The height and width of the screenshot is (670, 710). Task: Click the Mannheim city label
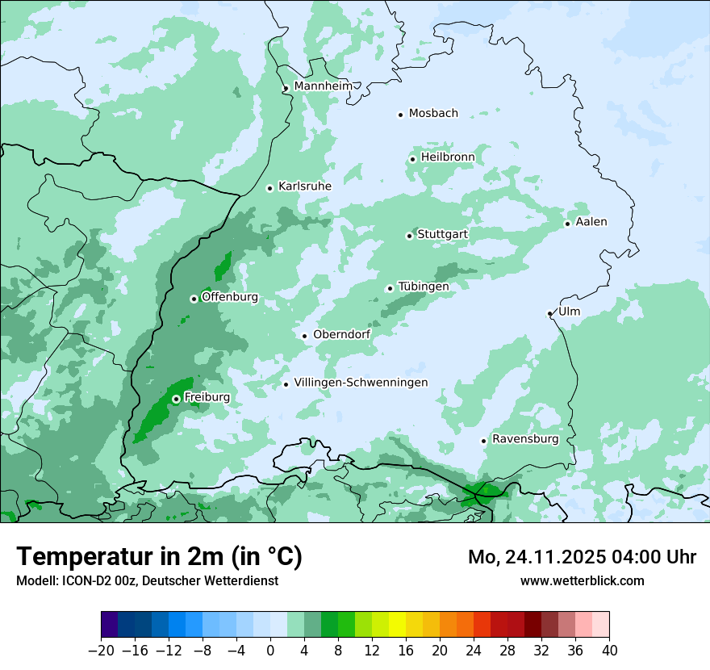click(x=323, y=86)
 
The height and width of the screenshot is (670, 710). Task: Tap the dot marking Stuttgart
click(x=409, y=236)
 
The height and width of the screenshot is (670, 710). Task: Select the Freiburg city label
click(x=207, y=397)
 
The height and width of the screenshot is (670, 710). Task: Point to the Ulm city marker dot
click(x=550, y=313)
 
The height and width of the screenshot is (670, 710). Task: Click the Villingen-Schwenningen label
click(x=361, y=383)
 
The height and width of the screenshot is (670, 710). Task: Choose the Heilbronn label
click(x=447, y=157)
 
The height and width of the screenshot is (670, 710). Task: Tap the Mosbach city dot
click(x=400, y=115)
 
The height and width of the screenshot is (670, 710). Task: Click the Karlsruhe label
click(x=304, y=186)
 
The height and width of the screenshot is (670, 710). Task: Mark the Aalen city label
click(x=591, y=222)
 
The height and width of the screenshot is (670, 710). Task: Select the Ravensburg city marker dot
click(x=483, y=441)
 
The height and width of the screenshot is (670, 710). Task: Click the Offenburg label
click(x=229, y=297)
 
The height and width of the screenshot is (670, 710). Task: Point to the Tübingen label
click(x=423, y=287)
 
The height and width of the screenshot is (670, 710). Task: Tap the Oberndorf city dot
click(x=304, y=336)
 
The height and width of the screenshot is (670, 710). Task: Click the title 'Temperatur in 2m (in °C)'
click(x=159, y=557)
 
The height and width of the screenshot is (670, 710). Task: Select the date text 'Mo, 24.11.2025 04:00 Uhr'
click(x=582, y=557)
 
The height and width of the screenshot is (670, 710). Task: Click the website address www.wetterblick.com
click(x=582, y=580)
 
